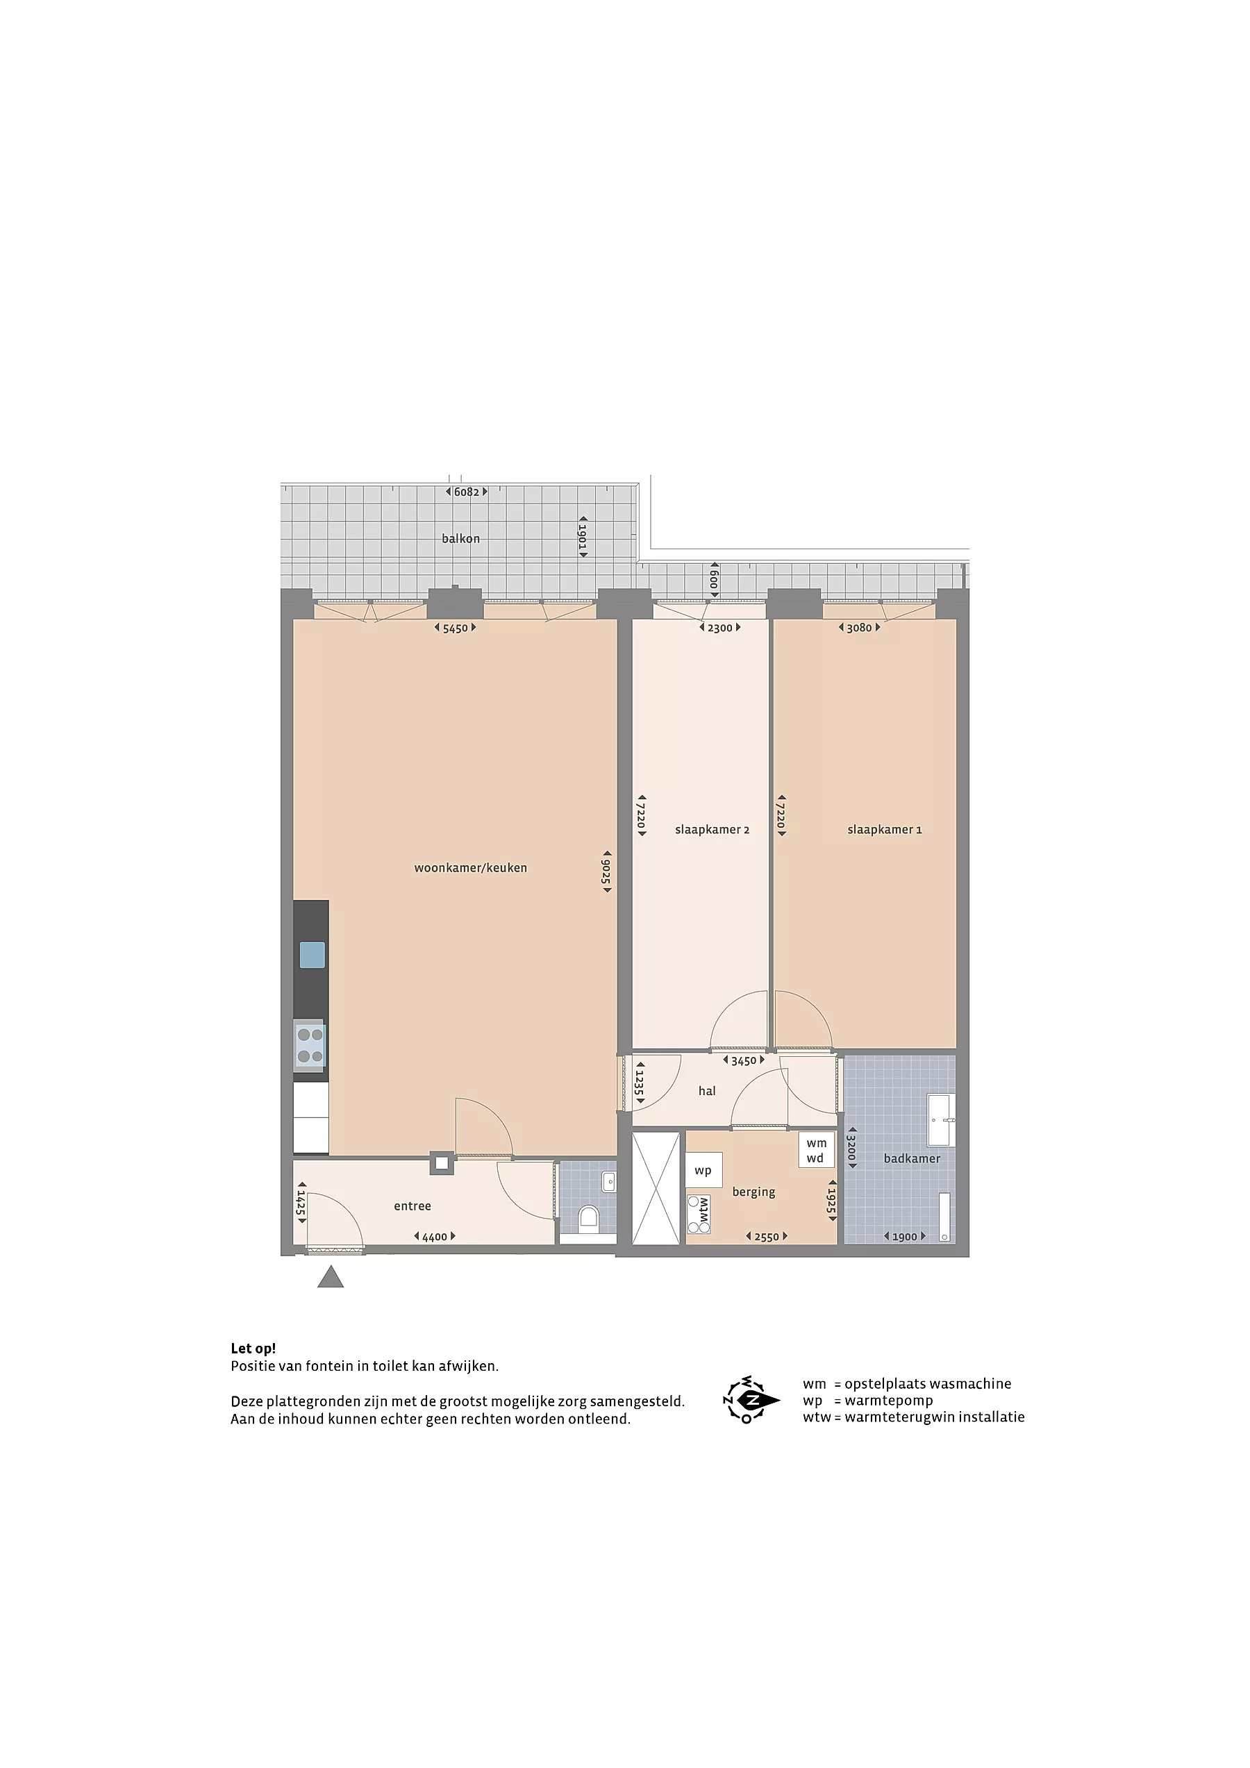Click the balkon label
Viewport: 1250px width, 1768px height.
pyautogui.click(x=460, y=538)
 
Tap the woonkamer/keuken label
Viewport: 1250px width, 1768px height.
pyautogui.click(x=471, y=868)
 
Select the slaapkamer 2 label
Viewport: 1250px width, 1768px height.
pyautogui.click(x=712, y=829)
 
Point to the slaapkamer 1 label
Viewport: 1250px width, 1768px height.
pyautogui.click(x=884, y=829)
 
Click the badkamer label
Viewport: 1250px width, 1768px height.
pyautogui.click(x=912, y=1158)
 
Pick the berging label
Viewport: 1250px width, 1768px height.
pyautogui.click(x=753, y=1192)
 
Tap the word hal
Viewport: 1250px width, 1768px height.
pyautogui.click(x=707, y=1090)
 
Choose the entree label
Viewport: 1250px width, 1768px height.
pyautogui.click(x=412, y=1206)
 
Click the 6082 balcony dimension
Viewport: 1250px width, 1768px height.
pyautogui.click(x=467, y=492)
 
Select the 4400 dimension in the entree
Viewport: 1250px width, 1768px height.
pyautogui.click(x=435, y=1237)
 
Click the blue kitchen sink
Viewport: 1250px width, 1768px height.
pyautogui.click(x=312, y=955)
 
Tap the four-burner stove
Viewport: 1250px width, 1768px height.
pyautogui.click(x=310, y=1046)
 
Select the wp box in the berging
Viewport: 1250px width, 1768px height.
pyautogui.click(x=704, y=1171)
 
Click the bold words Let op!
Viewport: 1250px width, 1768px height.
pyautogui.click(x=253, y=1349)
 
